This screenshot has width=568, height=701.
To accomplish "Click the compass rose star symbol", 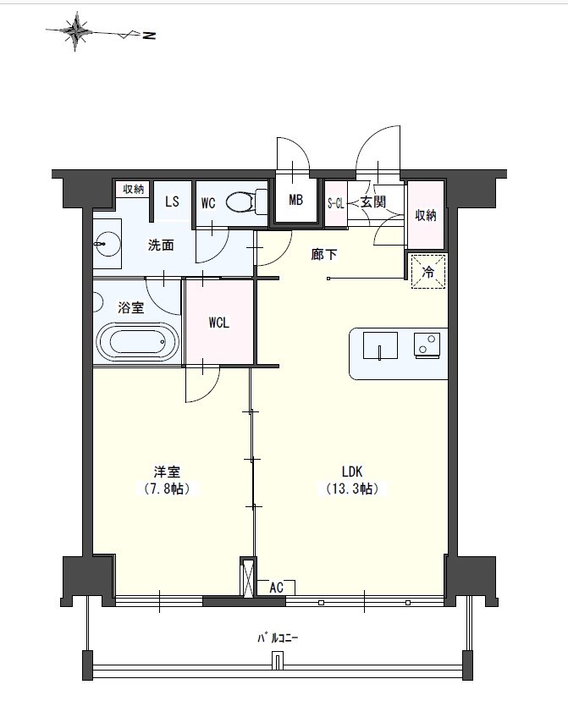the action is click(77, 31).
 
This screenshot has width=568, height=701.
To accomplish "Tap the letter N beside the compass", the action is click(149, 35).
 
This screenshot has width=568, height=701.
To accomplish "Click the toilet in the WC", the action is click(246, 201).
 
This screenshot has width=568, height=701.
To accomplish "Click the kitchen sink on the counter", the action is click(380, 345).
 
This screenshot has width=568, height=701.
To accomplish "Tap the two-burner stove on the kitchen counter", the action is click(427, 345).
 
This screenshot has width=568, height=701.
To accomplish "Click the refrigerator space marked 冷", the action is click(428, 272).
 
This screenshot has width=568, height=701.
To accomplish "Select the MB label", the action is click(295, 200).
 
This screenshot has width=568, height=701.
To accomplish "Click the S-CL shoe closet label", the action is click(336, 204).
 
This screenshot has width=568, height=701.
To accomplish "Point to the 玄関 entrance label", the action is click(373, 202).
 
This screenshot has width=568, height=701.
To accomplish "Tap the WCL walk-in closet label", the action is click(219, 323).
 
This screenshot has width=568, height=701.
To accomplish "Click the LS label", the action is click(172, 201).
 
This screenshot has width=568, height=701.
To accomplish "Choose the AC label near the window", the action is click(276, 588).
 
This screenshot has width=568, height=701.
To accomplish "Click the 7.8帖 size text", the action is click(167, 488).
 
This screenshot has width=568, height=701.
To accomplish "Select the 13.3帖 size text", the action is click(353, 488).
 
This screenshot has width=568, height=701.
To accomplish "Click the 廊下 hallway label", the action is click(324, 255).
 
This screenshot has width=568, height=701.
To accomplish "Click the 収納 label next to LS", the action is click(133, 189).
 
